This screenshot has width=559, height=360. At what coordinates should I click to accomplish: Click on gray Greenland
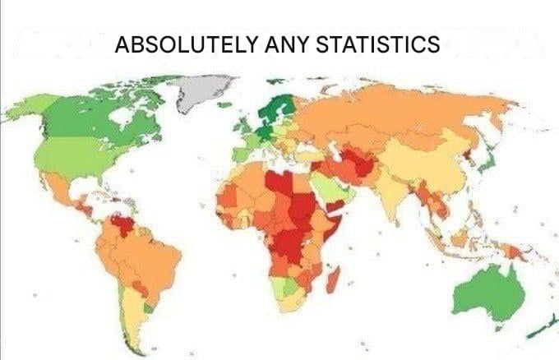(x=204, y=90)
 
